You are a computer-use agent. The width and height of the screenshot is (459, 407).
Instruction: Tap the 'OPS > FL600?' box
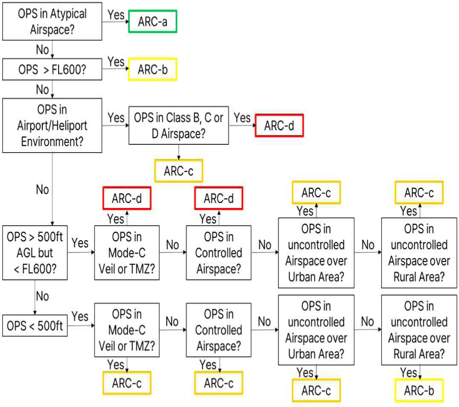pos(51,70)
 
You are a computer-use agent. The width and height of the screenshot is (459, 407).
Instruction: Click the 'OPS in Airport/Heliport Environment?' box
pos(52,125)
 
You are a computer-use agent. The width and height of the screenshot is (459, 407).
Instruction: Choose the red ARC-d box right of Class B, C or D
pos(279,126)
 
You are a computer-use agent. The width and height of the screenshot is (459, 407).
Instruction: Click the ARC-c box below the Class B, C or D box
pos(178,170)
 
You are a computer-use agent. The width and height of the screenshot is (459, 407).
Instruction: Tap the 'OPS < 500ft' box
pos(35,325)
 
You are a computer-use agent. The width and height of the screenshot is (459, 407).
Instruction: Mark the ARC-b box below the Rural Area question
pos(419,390)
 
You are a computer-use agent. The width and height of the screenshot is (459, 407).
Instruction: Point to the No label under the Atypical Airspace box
pos(42,50)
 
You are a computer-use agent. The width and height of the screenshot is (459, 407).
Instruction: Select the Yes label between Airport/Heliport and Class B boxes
pos(116,117)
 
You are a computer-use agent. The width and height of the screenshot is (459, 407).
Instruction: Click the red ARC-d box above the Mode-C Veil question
pos(126,198)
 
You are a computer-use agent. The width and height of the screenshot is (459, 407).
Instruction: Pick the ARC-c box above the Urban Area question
pos(316,192)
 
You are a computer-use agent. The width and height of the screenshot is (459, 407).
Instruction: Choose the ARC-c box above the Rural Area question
pos(419,192)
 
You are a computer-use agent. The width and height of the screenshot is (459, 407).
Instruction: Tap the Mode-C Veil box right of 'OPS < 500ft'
pos(126,330)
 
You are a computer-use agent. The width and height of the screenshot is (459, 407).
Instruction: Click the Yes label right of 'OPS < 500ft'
pos(80,317)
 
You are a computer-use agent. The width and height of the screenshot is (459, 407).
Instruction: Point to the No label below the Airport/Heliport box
pos(42,189)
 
